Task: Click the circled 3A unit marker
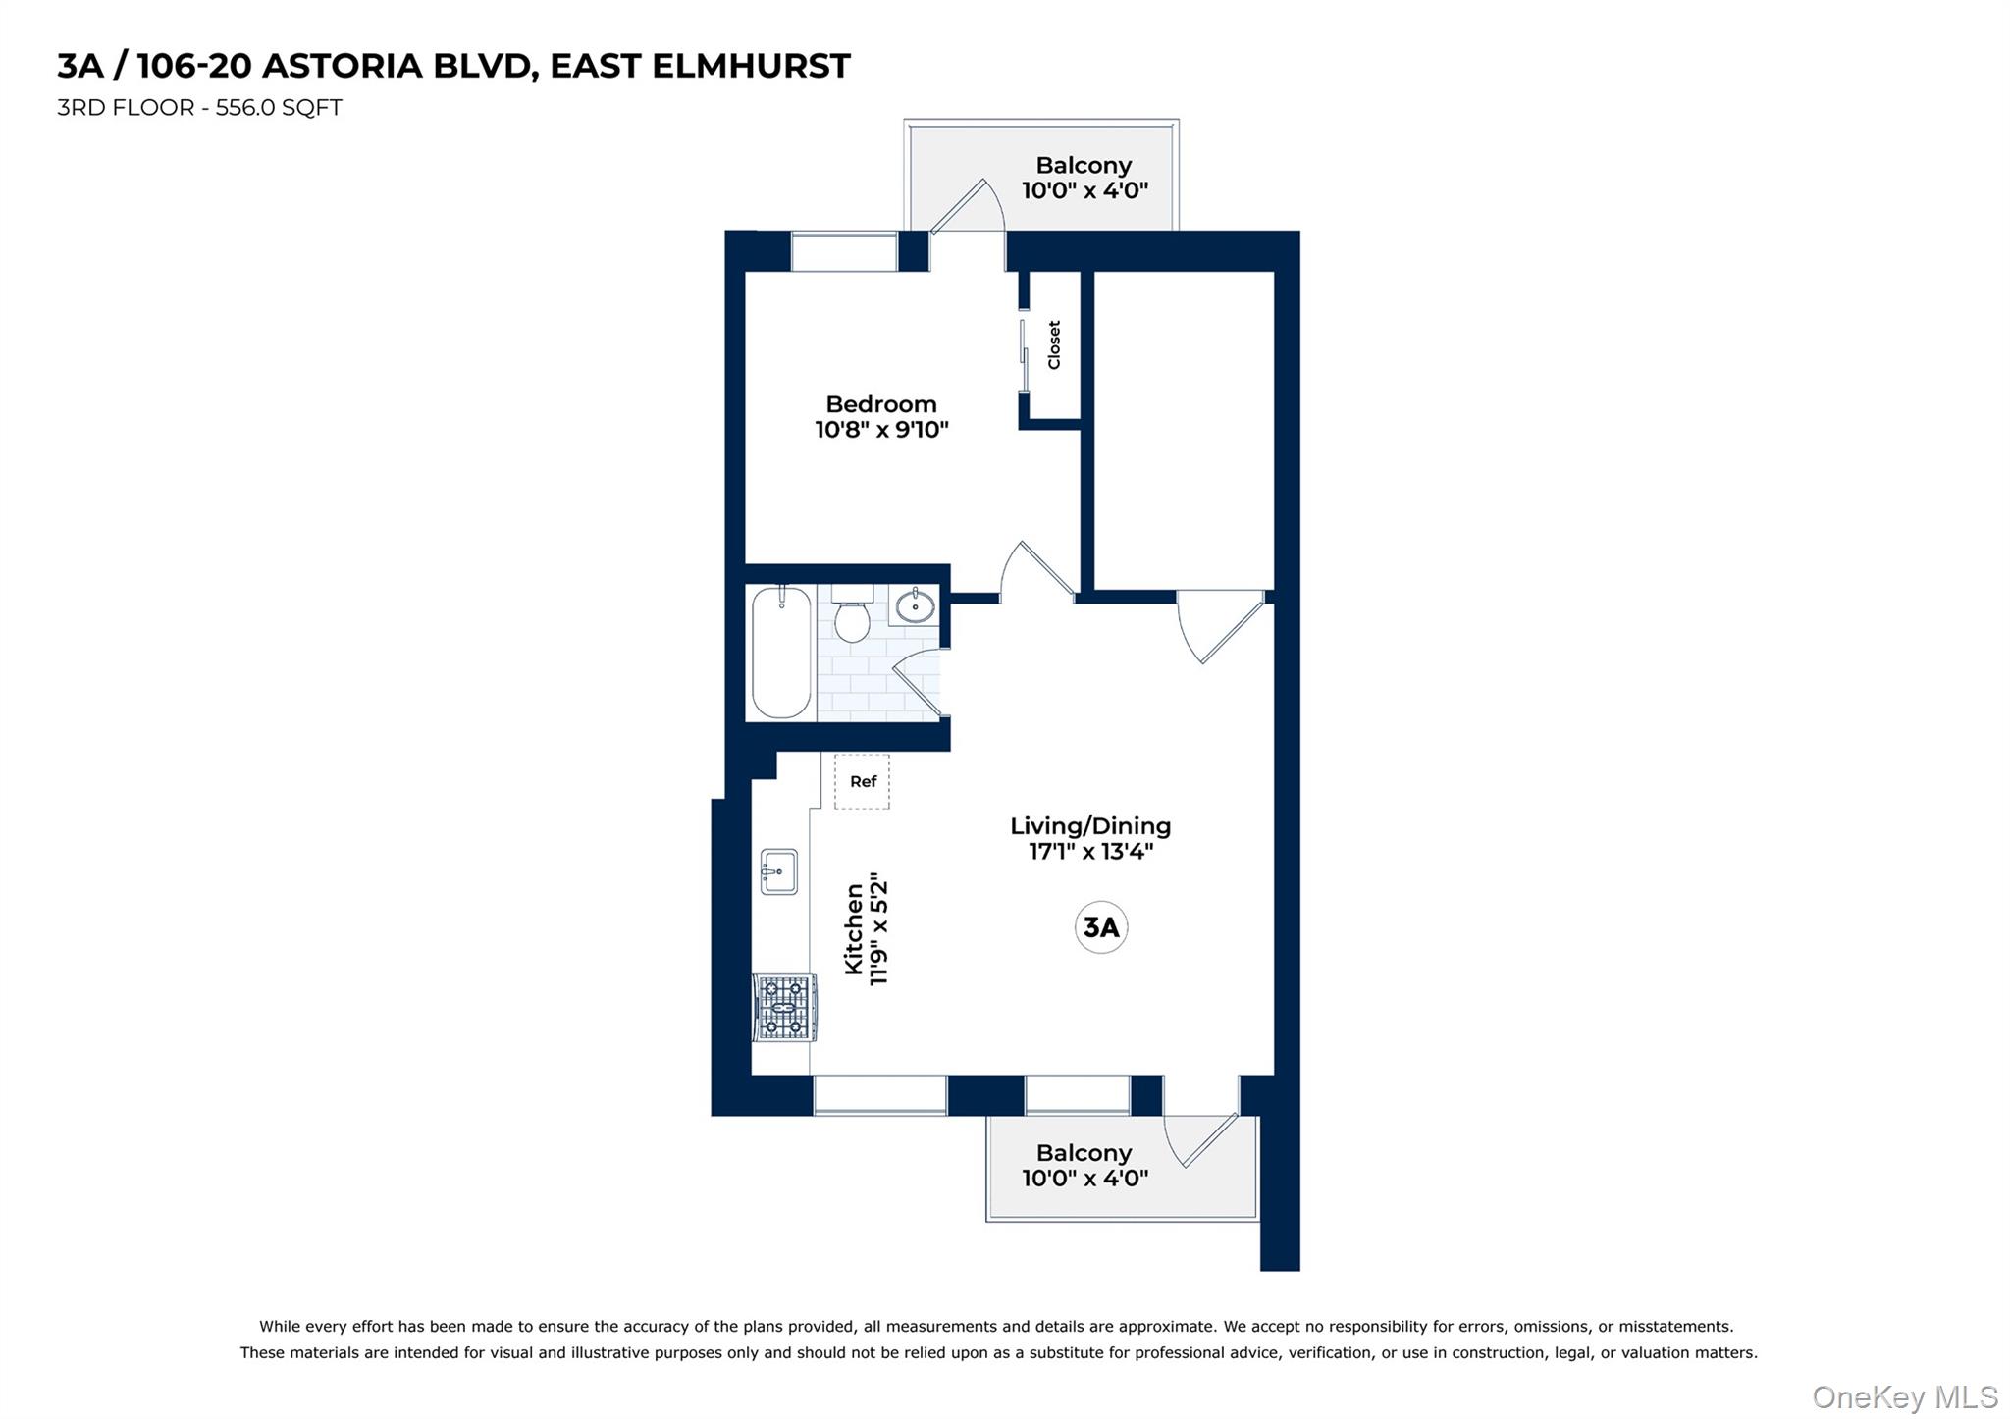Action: (1100, 927)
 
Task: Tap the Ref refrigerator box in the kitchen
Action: (862, 782)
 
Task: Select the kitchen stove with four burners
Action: (784, 1008)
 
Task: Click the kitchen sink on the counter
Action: (779, 871)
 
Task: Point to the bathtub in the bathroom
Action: (781, 653)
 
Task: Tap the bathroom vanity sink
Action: (915, 605)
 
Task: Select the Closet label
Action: (1054, 344)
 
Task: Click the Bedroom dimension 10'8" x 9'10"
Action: (881, 430)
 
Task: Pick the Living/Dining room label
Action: (1090, 826)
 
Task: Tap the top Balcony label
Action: (1084, 166)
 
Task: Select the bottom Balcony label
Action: (1084, 1153)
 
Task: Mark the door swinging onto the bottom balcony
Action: (1201, 1138)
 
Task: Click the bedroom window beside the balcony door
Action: (844, 251)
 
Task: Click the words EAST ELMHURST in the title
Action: (700, 66)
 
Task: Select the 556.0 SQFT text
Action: (279, 108)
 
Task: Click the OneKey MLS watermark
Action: (1904, 1396)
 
